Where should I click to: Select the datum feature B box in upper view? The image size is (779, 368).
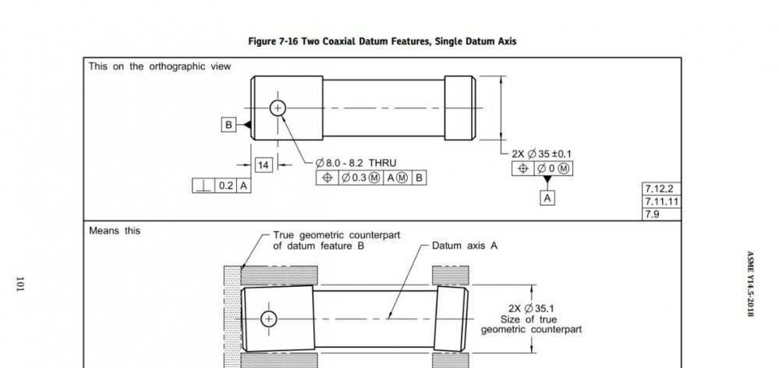coord(228,125)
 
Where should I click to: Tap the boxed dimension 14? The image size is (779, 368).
coord(263,165)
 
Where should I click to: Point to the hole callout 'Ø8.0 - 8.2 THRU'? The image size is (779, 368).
coord(356,163)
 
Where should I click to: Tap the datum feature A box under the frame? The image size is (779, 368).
coord(548,198)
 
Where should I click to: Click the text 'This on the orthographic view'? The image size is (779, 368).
coord(159,66)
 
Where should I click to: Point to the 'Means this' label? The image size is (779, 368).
coord(115,231)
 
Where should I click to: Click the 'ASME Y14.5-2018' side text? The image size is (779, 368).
coord(750,284)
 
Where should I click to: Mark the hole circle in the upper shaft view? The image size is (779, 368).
coord(278,108)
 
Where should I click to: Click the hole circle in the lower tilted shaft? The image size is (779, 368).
coord(270,318)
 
